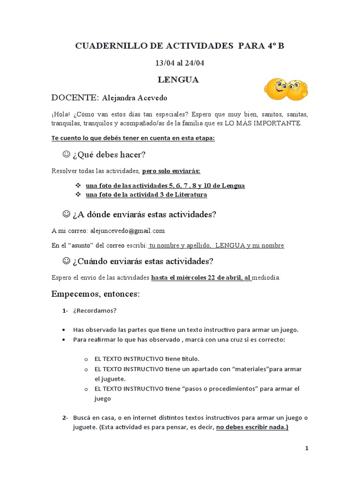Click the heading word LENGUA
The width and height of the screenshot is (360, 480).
[x=178, y=80]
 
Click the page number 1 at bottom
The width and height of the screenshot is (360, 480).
[x=307, y=448]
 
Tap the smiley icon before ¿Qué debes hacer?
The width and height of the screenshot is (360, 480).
[x=66, y=154]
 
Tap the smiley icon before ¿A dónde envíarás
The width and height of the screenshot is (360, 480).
[x=66, y=214]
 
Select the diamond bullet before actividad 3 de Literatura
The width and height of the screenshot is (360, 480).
[x=78, y=195]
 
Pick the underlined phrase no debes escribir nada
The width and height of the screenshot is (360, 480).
[x=252, y=427]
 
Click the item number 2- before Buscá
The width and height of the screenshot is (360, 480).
[x=64, y=418]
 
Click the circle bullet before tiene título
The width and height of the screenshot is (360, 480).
[x=86, y=359]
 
